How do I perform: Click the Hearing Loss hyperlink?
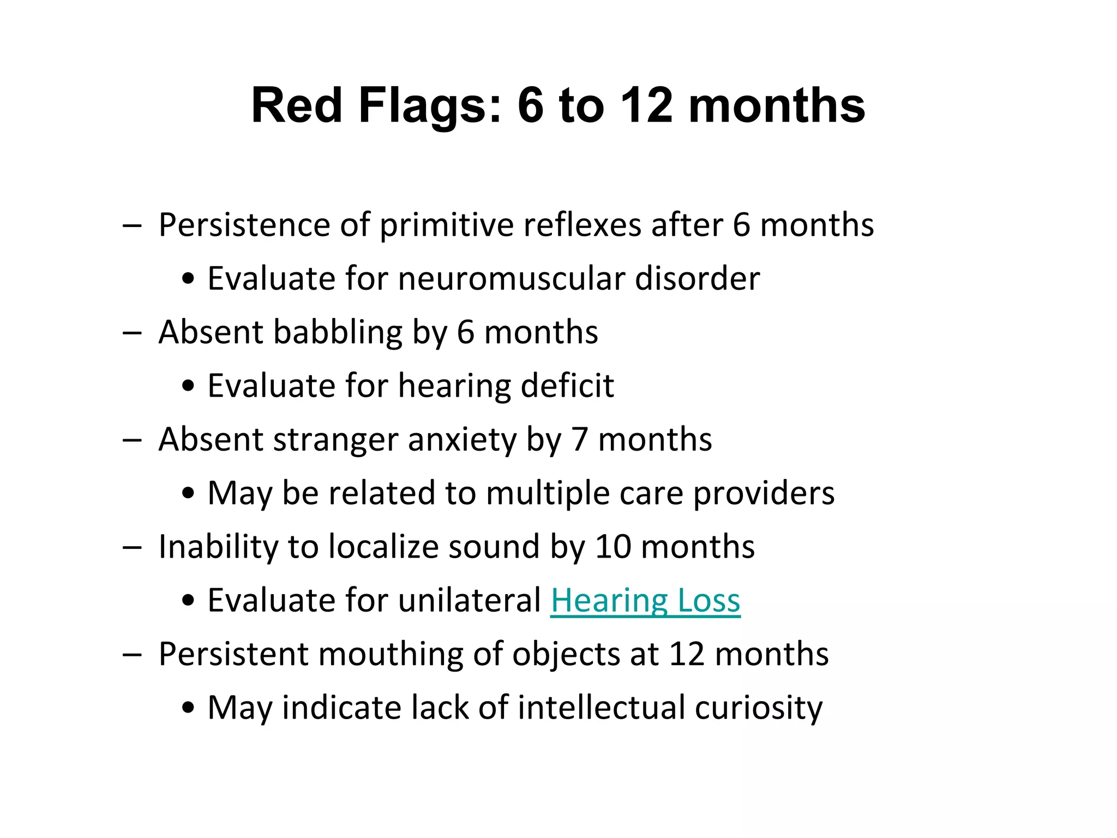point(645,601)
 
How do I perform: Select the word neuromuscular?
point(512,279)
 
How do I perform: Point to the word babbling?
point(338,332)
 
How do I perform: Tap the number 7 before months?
point(579,440)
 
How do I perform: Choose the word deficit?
point(567,386)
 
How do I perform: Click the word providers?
point(764,493)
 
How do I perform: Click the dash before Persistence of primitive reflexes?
point(132,226)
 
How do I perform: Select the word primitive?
point(447,225)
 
